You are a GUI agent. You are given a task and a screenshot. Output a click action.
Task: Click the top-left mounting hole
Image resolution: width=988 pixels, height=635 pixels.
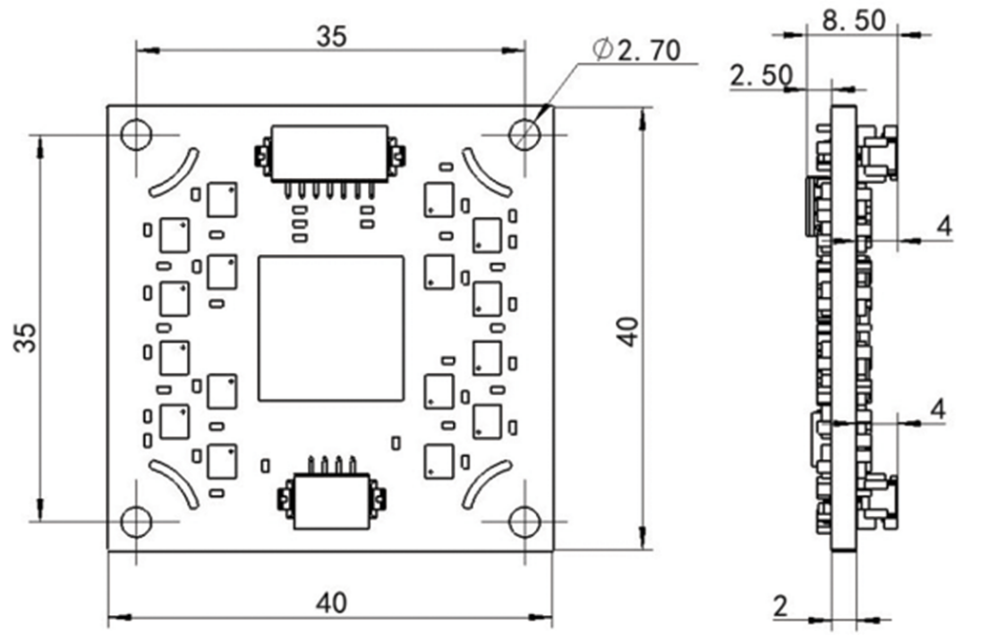[136, 135]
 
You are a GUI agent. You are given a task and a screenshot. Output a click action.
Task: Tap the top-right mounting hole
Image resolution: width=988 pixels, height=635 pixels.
[524, 135]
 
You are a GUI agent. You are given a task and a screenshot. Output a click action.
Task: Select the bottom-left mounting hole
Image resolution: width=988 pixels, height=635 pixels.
[136, 521]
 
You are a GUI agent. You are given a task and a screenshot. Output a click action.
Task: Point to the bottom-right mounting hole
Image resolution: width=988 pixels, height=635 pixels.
[524, 521]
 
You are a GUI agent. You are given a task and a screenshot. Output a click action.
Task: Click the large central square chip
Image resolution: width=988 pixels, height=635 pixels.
[331, 328]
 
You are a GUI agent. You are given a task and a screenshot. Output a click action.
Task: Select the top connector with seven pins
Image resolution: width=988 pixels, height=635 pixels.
[329, 161]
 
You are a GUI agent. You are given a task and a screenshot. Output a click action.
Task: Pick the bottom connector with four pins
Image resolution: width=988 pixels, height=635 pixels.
[331, 495]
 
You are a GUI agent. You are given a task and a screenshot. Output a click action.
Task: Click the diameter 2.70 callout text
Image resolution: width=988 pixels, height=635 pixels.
[637, 50]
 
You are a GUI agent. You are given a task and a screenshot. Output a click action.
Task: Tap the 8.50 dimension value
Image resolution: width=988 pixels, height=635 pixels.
[854, 21]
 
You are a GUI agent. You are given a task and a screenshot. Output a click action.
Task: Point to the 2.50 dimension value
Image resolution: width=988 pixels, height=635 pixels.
[762, 76]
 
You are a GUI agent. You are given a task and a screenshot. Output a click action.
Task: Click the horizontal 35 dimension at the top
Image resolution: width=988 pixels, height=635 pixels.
[331, 37]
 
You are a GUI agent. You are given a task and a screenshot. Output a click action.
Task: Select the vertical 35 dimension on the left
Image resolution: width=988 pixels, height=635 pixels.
[29, 338]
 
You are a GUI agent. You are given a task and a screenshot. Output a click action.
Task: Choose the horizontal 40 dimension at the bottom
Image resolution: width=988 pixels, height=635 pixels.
[331, 603]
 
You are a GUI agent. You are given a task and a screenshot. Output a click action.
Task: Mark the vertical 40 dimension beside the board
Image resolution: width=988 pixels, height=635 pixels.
[629, 331]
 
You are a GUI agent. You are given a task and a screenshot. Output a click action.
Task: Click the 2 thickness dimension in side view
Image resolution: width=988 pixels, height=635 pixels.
[780, 606]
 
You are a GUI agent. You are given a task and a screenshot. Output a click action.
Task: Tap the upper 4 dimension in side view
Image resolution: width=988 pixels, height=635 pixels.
[944, 225]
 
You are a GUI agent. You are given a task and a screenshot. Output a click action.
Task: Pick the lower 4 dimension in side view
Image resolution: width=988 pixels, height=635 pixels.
[938, 410]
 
